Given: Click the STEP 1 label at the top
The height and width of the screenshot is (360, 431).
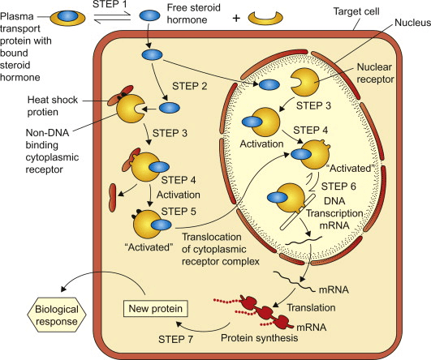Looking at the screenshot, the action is coord(109,4).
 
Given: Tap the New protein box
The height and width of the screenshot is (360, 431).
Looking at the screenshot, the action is coord(156,308).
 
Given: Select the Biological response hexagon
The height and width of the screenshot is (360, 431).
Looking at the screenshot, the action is coord(57,315).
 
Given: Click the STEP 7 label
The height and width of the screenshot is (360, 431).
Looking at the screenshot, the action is coord(175,340).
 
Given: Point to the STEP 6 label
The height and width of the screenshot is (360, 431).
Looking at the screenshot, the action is coord(338,186).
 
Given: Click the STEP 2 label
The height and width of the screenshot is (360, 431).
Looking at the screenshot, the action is coord(190,86).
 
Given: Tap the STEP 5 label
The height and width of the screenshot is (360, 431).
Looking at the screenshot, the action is coord(179,212).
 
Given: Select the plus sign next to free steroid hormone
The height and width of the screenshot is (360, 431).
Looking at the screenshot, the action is coord(236,19).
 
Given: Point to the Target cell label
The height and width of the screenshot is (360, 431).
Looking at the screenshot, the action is coord(356,11).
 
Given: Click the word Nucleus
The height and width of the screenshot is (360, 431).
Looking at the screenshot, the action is coord(413,23).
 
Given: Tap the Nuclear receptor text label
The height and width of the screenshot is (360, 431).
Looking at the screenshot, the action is coord(375,73).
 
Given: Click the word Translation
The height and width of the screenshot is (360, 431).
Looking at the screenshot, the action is coord(311,307).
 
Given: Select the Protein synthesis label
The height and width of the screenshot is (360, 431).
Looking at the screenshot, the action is coord(260,338).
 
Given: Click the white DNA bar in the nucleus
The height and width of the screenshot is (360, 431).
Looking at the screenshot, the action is coord(298,212).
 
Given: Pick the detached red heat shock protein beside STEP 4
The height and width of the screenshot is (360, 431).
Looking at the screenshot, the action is coord(113,198).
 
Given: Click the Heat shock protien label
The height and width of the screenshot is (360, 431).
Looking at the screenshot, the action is coord(52,105).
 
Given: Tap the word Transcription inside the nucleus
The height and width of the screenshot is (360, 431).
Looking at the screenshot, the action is coord(334,213).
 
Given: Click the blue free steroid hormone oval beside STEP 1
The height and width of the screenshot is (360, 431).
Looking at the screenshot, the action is coord(149,15).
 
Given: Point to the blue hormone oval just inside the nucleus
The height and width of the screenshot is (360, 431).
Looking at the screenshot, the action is coord(269,85).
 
